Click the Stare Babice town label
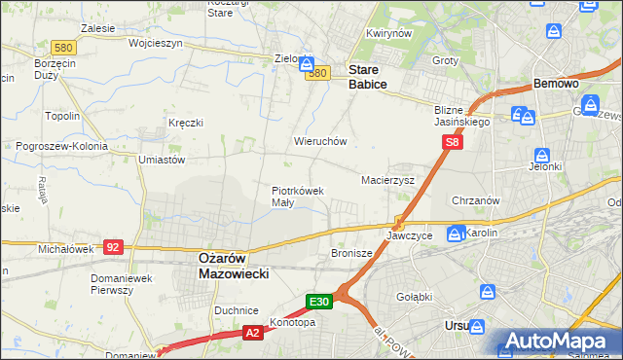click(368, 78)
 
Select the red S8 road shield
click(451, 143)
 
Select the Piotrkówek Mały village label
click(297, 197)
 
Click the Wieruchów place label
click(320, 141)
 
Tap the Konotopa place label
click(294, 323)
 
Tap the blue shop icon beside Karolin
click(455, 234)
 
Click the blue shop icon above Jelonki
click(542, 155)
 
